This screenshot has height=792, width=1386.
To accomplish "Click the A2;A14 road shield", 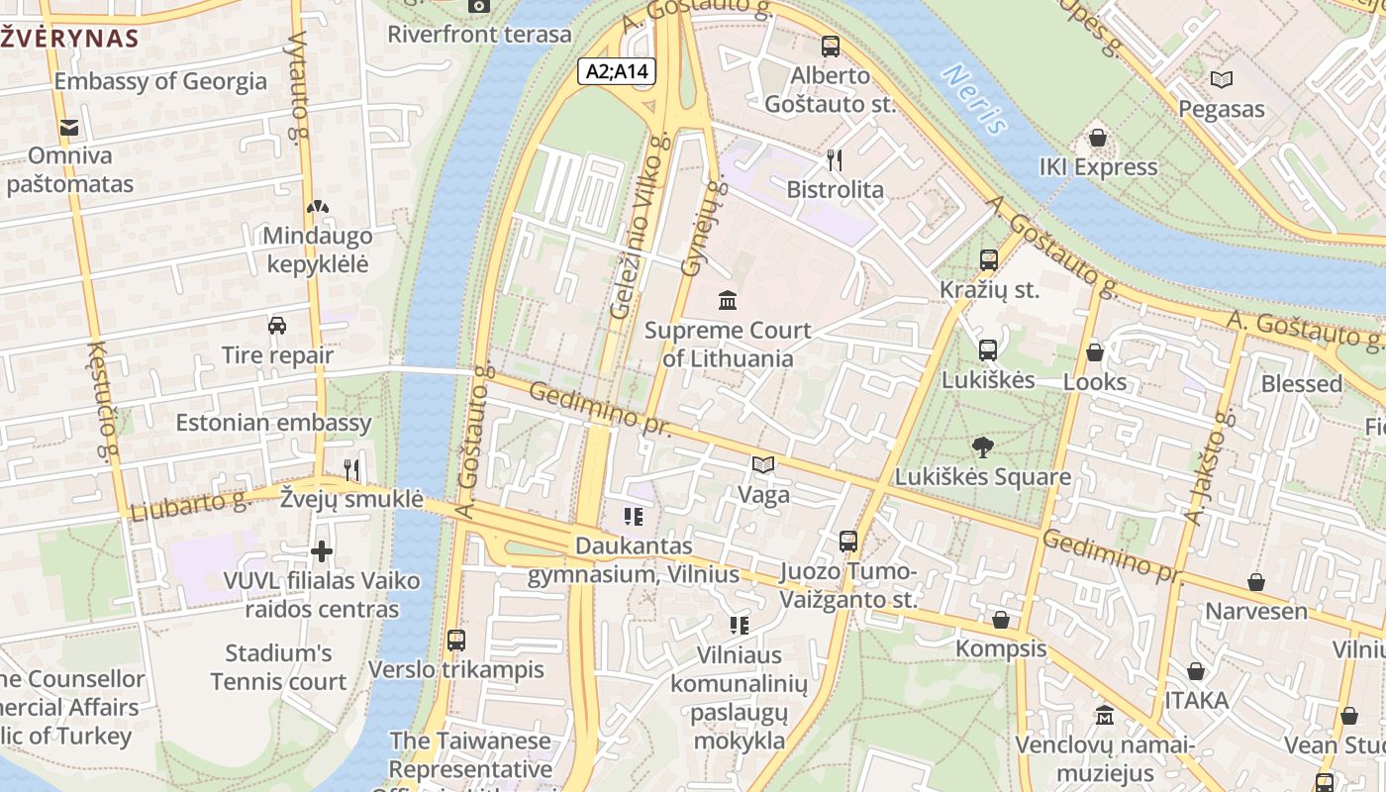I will pyautogui.click(x=617, y=71).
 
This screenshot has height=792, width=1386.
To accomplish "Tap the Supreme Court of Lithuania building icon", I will pyautogui.click(x=728, y=299).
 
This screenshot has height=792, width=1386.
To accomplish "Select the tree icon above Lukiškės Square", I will pyautogui.click(x=982, y=447).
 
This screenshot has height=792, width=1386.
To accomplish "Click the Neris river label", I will pyautogui.click(x=975, y=99).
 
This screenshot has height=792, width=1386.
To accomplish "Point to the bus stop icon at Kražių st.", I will pyautogui.click(x=988, y=260).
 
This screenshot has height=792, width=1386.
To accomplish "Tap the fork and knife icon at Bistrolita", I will pyautogui.click(x=835, y=159).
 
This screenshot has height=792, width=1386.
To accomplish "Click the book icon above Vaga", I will pyautogui.click(x=762, y=464).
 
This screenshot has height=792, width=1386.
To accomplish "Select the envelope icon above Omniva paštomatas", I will pyautogui.click(x=69, y=127).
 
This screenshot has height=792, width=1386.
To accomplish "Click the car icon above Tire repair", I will pyautogui.click(x=277, y=326).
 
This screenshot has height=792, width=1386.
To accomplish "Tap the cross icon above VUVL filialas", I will pyautogui.click(x=322, y=551).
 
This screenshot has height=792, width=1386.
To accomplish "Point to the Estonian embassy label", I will pyautogui.click(x=273, y=423).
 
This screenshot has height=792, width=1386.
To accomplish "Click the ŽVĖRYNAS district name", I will pyautogui.click(x=69, y=39).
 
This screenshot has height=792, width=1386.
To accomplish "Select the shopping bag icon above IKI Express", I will pyautogui.click(x=1097, y=138).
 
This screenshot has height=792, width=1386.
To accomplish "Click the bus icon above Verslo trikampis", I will pyautogui.click(x=455, y=641).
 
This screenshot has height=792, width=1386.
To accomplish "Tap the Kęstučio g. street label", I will pyautogui.click(x=103, y=402).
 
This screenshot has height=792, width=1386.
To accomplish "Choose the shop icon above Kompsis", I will pyautogui.click(x=1000, y=620).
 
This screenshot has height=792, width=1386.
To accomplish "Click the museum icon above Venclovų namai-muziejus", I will pyautogui.click(x=1104, y=715).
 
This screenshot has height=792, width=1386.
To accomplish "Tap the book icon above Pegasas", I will pyautogui.click(x=1221, y=80).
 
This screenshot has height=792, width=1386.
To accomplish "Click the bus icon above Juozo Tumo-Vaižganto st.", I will pyautogui.click(x=847, y=542).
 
